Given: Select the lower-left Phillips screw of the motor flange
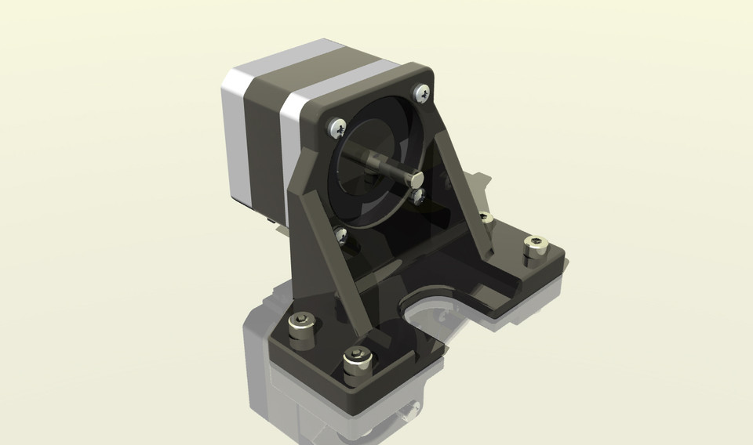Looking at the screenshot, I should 342,233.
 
